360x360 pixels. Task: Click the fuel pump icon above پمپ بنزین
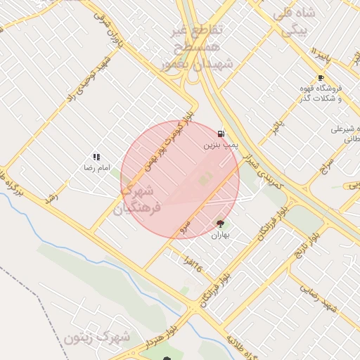pyautogui.click(x=221, y=134)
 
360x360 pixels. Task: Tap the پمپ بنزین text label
pyautogui.click(x=217, y=146)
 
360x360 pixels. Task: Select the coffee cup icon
pyautogui.click(x=321, y=78)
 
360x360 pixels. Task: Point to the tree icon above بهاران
pyautogui.click(x=221, y=224)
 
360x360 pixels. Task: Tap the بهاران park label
pyautogui.click(x=221, y=236)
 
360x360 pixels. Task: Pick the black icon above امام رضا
pyautogui.click(x=96, y=157)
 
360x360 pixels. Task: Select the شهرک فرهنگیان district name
pyautogui.click(x=141, y=199)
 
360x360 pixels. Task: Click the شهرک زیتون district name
pyautogui.click(x=97, y=337)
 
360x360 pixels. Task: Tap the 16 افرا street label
pyautogui.click(x=198, y=264)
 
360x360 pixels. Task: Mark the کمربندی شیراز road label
pyautogui.click(x=263, y=171)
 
